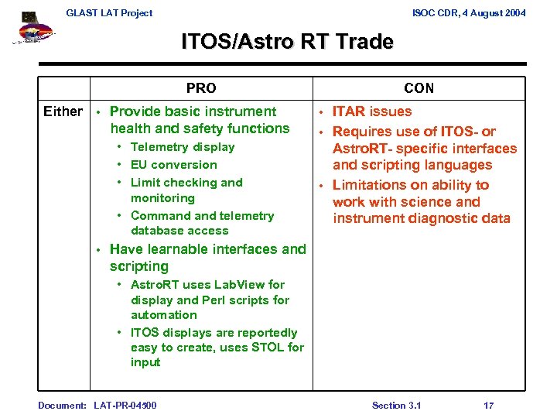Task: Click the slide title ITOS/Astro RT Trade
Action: pyautogui.click(x=287, y=42)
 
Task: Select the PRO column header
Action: pyautogui.click(x=201, y=88)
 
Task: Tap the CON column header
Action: pyautogui.click(x=419, y=88)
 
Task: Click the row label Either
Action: pyautogui.click(x=63, y=111)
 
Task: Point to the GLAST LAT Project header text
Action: pyautogui.click(x=109, y=12)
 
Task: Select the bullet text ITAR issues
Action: pyautogui.click(x=372, y=111)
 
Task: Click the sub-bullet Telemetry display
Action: pyautogui.click(x=183, y=147)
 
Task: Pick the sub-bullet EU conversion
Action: pyautogui.click(x=174, y=165)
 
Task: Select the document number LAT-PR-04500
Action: pyautogui.click(x=125, y=406)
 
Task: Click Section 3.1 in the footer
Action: pyautogui.click(x=396, y=406)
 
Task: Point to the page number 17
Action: pyautogui.click(x=488, y=406)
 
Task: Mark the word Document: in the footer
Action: pyautogui.click(x=62, y=406)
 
